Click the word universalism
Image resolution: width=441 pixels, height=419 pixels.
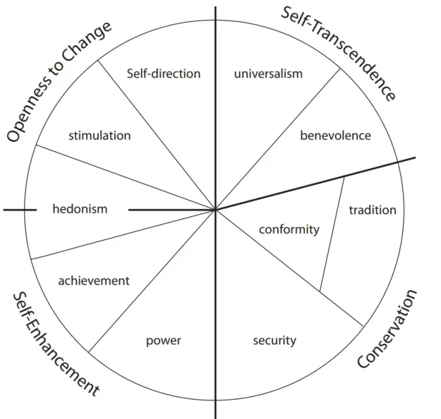tap(268, 73)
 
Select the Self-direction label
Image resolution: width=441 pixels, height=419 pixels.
tap(163, 73)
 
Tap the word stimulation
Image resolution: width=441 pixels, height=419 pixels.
tap(99, 135)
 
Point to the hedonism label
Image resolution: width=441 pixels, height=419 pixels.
tap(80, 208)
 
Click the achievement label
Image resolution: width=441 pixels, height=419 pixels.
tap(94, 281)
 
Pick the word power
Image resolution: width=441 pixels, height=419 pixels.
tap(164, 341)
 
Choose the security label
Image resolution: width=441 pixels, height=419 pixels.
tap(274, 341)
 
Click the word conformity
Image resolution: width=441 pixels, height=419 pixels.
tap(289, 229)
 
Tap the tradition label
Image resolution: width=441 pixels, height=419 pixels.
tap(373, 210)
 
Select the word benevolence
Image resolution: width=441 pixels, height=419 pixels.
tap(335, 135)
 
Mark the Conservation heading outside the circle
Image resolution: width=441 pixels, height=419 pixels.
tap(387, 329)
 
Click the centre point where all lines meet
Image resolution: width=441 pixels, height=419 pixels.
tap(215, 209)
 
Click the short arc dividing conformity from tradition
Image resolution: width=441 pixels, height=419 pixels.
tap(333, 233)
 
